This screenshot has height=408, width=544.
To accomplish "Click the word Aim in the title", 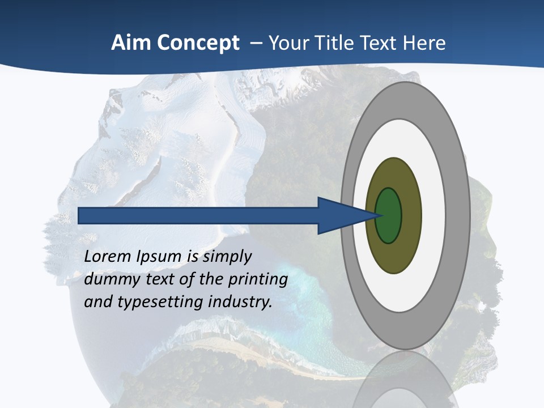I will (x=128, y=43).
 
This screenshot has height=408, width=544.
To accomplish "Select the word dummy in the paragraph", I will (x=108, y=279).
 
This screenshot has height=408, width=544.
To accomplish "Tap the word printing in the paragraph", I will (x=257, y=279).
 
